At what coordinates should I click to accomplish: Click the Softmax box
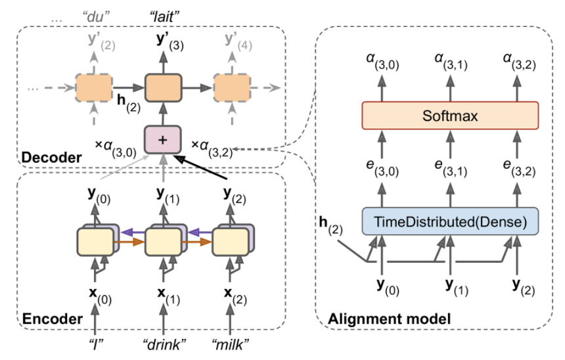coord(450,116)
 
